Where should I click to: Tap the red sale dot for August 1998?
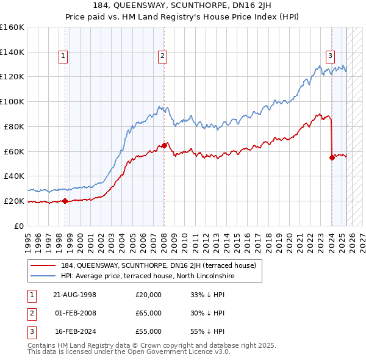[x=65, y=201]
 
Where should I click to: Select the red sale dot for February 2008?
[x=164, y=145]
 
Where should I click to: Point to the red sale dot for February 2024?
[x=332, y=157]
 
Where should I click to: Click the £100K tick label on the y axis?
[x=12, y=101]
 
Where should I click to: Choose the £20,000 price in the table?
[x=148, y=295]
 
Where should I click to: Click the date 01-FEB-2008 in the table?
[x=76, y=313]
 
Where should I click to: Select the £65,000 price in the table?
[x=148, y=313]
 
